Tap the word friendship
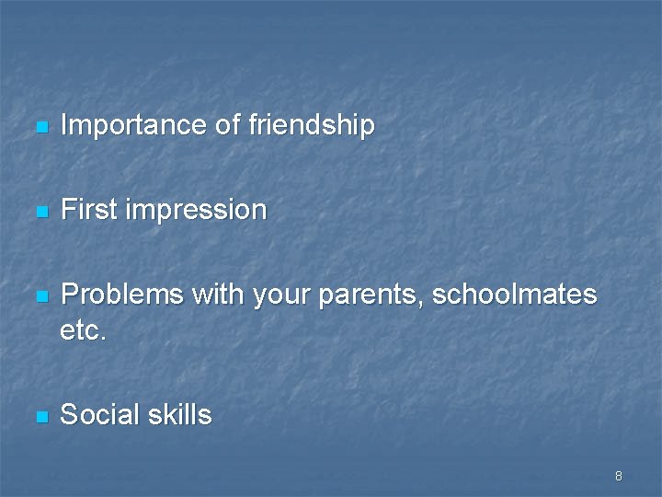312,125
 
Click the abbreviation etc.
84,329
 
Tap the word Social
97,415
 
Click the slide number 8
619,476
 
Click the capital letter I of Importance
63,125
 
